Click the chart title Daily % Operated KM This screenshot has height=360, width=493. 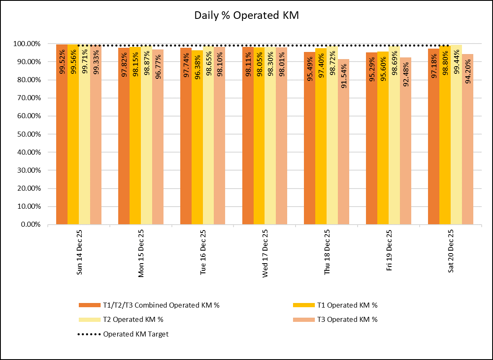point(246,16)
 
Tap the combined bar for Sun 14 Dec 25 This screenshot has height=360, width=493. point(62,134)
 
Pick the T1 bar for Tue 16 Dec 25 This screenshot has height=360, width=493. point(197,138)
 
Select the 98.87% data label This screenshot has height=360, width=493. point(146,63)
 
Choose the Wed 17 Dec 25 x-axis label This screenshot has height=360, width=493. point(265,253)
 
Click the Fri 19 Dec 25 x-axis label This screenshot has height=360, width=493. point(389,251)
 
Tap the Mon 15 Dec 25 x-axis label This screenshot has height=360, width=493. point(141,253)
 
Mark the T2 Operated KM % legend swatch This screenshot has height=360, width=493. point(89,319)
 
